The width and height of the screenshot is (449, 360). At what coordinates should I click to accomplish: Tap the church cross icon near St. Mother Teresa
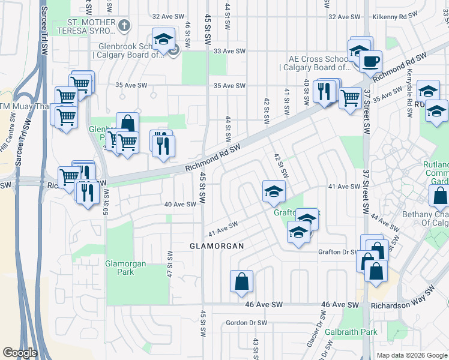pos(124,26)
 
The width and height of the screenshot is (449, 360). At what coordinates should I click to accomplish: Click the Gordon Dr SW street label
pos(246,323)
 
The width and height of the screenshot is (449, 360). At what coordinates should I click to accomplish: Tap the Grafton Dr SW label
pos(338,252)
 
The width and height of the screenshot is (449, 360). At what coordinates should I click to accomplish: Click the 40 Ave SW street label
pos(181,204)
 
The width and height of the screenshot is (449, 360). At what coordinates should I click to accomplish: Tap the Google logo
pos(20,353)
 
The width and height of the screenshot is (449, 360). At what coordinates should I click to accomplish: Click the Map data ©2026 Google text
pos(412,355)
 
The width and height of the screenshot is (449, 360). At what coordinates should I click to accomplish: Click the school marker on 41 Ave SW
pos(274,191)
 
